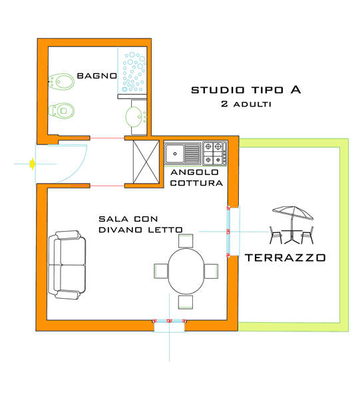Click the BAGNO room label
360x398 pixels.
(96, 76)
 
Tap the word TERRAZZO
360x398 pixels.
(284, 257)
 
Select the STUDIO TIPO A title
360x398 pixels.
(246, 89)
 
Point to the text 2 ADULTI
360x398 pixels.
(245, 104)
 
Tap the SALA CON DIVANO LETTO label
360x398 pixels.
(140, 224)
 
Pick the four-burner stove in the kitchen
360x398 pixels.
(215, 152)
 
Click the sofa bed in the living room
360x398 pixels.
(67, 265)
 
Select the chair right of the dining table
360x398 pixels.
(212, 271)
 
